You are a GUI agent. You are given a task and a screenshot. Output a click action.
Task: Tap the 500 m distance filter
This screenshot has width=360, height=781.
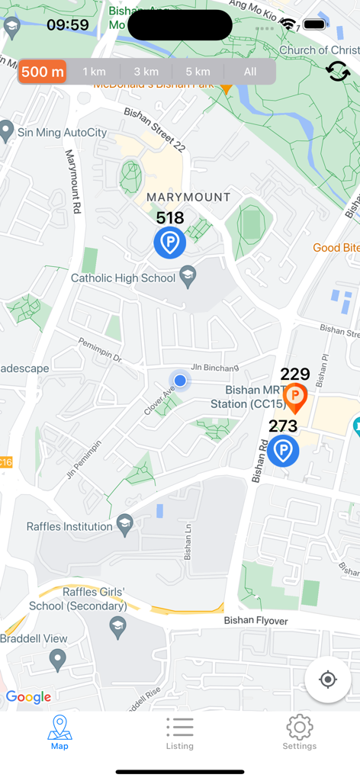pyautogui.click(x=43, y=72)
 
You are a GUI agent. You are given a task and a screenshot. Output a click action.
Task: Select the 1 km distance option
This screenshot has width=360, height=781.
pyautogui.click(x=94, y=72)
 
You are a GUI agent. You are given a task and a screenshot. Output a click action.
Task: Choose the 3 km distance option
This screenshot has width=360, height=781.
pyautogui.click(x=146, y=72)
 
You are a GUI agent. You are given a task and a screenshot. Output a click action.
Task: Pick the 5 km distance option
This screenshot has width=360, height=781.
pyautogui.click(x=198, y=72)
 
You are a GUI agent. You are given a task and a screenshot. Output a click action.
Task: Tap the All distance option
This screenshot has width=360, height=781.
pyautogui.click(x=250, y=72)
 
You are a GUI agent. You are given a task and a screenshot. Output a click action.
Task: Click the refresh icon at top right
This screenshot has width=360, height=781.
pyautogui.click(x=338, y=72)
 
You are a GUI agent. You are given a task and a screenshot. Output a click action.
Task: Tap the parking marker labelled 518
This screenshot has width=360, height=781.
pyautogui.click(x=169, y=243)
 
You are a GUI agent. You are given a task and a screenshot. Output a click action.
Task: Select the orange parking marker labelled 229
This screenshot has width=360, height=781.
pyautogui.click(x=295, y=397)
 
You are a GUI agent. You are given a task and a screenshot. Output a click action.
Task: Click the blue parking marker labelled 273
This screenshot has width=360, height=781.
pyautogui.click(x=283, y=450)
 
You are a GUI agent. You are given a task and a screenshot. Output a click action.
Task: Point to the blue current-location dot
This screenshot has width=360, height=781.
pyautogui.click(x=180, y=380)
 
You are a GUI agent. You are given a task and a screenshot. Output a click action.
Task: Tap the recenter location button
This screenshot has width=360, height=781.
pyautogui.click(x=328, y=679)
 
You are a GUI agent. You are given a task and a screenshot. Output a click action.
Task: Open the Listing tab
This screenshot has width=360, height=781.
pyautogui.click(x=180, y=733)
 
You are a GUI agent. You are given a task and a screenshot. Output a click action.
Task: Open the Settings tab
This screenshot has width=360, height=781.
pyautogui.click(x=299, y=733)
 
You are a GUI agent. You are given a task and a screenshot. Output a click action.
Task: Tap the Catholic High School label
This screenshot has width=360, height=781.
pyautogui.click(x=123, y=278)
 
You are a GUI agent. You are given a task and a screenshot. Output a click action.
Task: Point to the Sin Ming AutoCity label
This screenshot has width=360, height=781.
pyautogui.click(x=62, y=132)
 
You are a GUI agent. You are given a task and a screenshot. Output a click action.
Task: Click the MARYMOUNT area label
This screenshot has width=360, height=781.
pyautogui.click(x=188, y=197)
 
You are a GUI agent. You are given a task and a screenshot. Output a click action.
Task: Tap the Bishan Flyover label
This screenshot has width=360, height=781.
pyautogui.click(x=256, y=621)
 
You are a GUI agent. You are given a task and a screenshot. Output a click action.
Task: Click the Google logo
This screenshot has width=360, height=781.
pyautogui.click(x=28, y=697)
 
